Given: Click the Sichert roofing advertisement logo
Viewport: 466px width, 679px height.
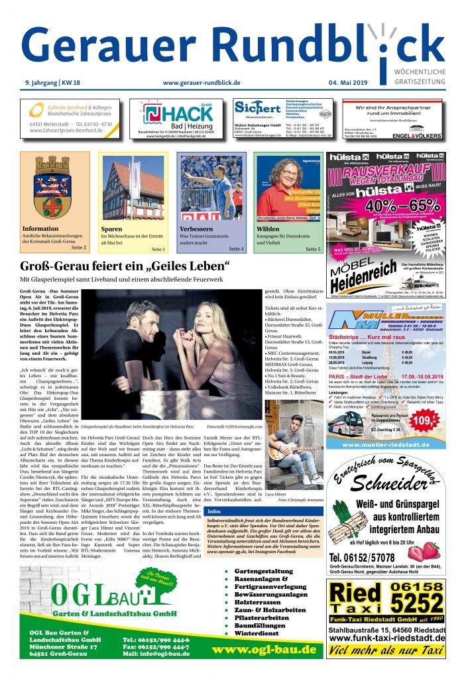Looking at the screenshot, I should tap(258, 107).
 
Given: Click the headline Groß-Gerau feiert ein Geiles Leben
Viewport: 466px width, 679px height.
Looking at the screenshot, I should tap(125, 267).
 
